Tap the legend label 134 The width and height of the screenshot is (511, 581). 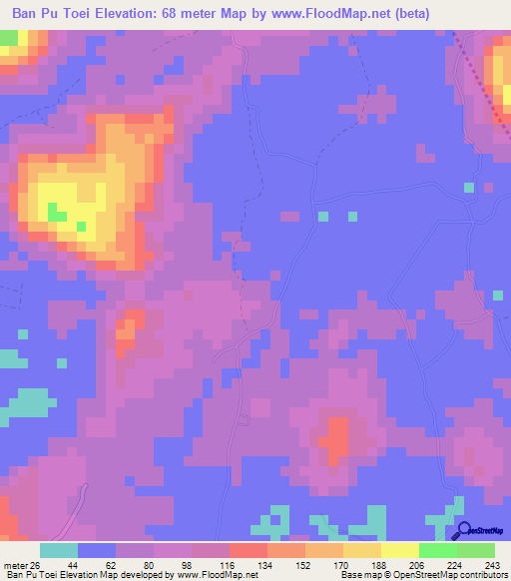(x=265, y=564)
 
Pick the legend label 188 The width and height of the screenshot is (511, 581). (x=379, y=564)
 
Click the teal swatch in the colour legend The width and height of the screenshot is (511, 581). (x=59, y=550)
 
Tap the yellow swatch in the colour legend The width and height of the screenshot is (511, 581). (x=400, y=550)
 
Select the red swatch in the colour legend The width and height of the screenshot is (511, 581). (x=249, y=550)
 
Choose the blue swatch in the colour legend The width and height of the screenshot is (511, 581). (x=97, y=550)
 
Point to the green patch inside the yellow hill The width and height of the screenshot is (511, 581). (x=58, y=213)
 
